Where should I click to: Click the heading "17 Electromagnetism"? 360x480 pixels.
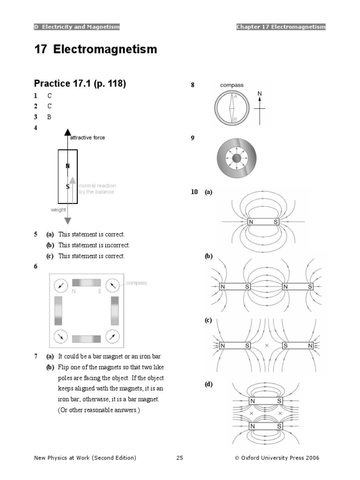[96, 50]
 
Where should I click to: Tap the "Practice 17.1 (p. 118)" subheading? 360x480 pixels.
[80, 84]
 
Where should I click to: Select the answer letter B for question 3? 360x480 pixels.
[49, 117]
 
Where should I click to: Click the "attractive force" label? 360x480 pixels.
[88, 138]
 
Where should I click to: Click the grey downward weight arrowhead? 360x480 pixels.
[67, 220]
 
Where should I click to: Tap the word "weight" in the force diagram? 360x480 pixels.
[59, 210]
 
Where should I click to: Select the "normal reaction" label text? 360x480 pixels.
[97, 186]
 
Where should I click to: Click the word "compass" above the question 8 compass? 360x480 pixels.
[232, 85]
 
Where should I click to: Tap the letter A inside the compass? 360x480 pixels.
[235, 96]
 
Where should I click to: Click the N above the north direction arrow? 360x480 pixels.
[260, 94]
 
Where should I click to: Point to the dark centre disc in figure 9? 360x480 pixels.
[236, 159]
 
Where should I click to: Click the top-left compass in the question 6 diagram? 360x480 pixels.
[60, 285]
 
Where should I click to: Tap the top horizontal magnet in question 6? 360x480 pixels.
[86, 283]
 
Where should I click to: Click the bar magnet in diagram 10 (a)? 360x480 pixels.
[263, 222]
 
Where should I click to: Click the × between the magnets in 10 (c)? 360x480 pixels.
[267, 345]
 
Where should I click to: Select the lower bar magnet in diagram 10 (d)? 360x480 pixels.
[266, 427]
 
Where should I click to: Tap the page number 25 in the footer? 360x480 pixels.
[180, 457]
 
